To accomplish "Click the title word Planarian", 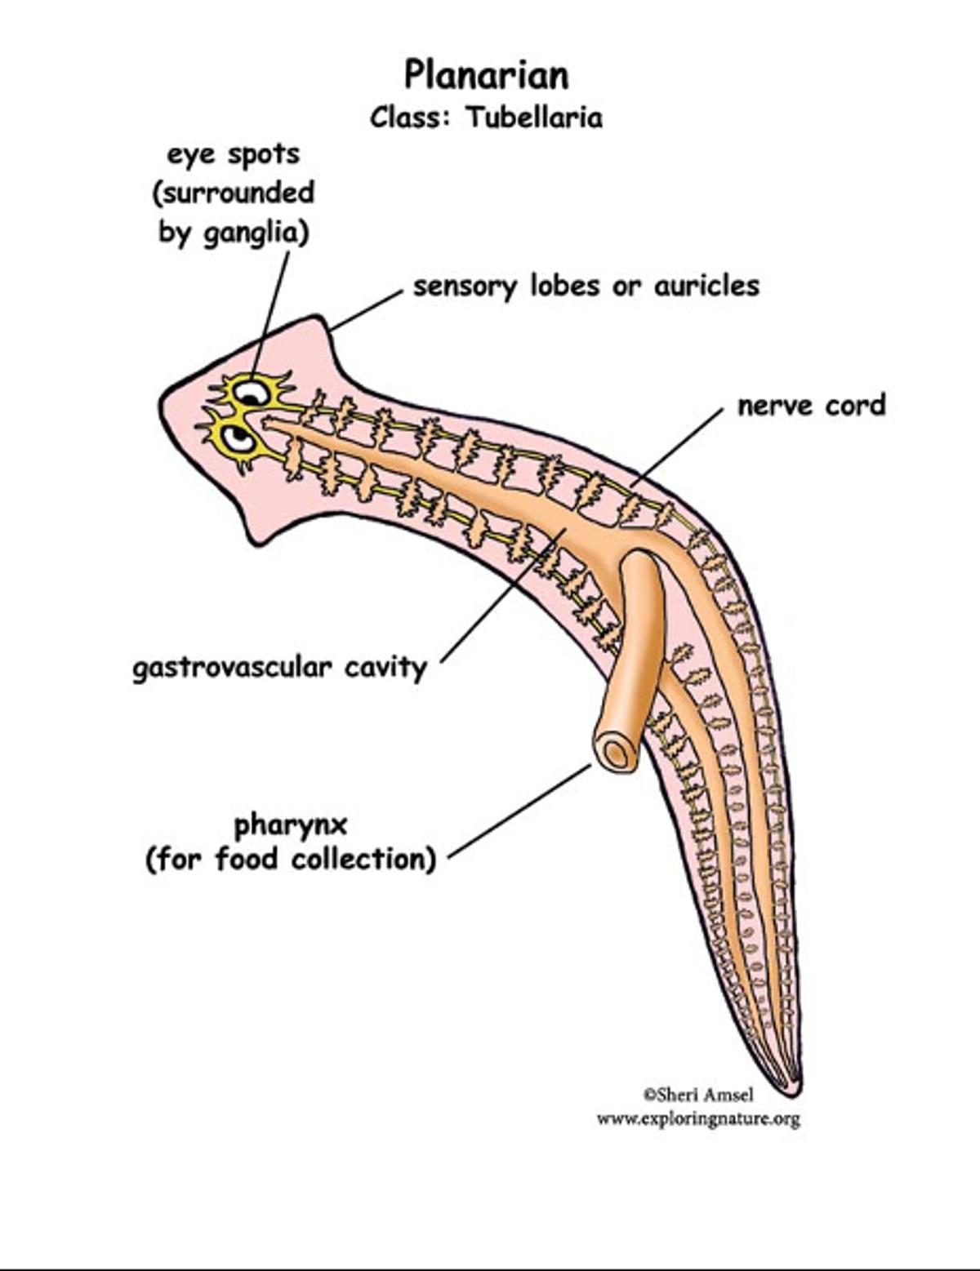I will [x=487, y=75].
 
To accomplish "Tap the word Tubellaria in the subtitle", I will [x=535, y=118].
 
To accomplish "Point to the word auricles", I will [x=706, y=287].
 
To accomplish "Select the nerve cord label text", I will [x=811, y=406].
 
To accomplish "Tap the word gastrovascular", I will [x=232, y=668].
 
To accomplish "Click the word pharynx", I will [x=291, y=825].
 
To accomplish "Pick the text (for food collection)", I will [x=291, y=860].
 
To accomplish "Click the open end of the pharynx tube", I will [x=617, y=751].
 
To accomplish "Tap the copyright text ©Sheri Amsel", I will [x=698, y=1095].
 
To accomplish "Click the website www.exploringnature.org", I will [x=698, y=1118].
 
